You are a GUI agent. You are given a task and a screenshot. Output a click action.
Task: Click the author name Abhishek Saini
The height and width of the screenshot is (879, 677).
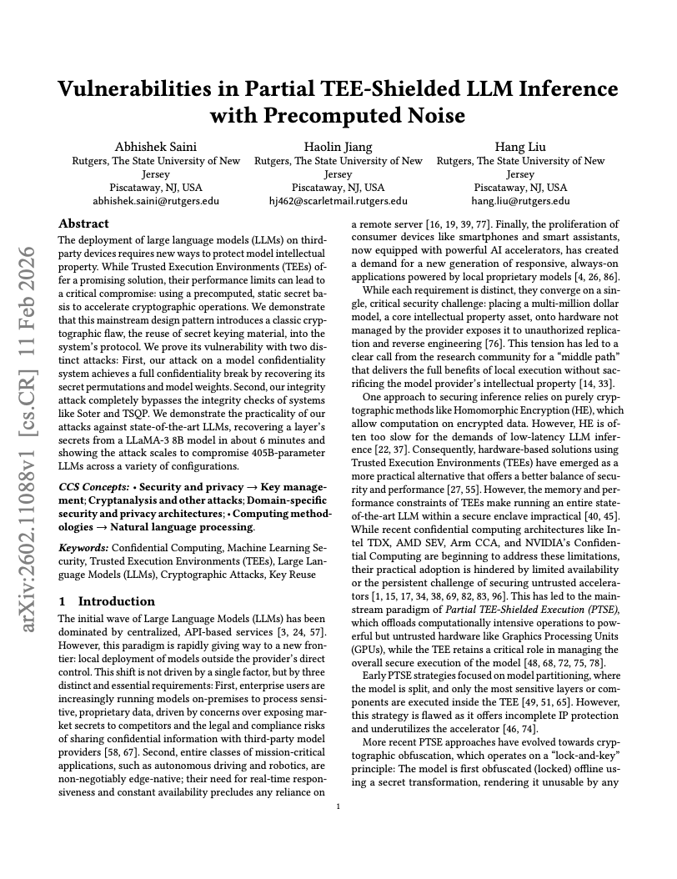(x=156, y=147)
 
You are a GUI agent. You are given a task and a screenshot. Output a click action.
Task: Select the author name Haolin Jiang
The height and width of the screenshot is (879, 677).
(x=338, y=147)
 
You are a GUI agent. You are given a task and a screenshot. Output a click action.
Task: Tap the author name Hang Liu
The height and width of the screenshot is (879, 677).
(x=520, y=147)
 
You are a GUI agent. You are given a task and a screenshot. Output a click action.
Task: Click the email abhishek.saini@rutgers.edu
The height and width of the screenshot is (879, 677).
(x=156, y=201)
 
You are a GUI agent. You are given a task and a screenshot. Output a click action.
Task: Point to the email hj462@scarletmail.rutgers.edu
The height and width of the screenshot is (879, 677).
(x=338, y=201)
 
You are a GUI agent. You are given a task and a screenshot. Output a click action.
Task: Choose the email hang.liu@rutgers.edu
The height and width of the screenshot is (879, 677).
(x=520, y=201)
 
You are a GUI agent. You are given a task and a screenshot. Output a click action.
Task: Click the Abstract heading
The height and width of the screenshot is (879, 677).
(x=83, y=224)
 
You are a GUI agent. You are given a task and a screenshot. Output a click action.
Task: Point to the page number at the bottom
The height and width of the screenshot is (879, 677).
(x=338, y=806)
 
